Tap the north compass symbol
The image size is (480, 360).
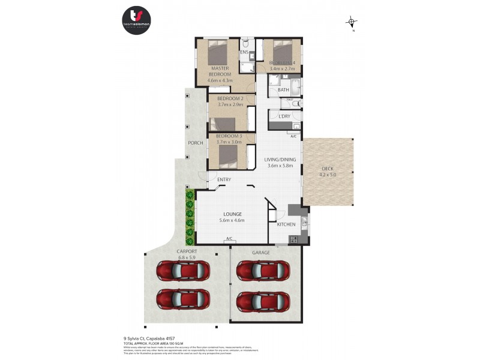(352, 23)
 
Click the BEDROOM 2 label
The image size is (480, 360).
(230, 98)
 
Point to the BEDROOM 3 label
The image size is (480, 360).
(229, 136)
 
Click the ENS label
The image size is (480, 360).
(244, 53)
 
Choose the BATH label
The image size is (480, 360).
(283, 90)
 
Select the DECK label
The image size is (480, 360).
(327, 169)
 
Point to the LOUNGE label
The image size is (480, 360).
(232, 214)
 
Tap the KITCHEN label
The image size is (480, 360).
(286, 224)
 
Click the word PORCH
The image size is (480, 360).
(195, 143)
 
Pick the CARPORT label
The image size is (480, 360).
(187, 252)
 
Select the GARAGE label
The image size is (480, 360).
(260, 253)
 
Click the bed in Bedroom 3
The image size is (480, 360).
(229, 156)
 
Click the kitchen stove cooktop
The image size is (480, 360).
(294, 239)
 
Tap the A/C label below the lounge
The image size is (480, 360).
(229, 239)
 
